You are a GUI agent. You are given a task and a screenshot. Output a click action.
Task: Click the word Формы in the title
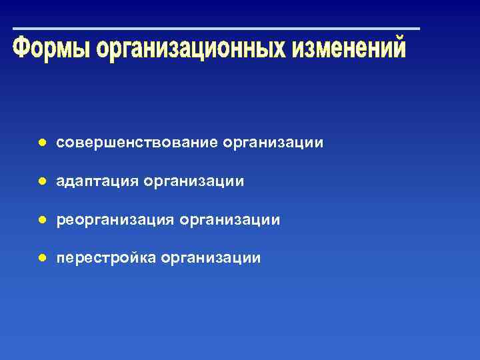coord(51,49)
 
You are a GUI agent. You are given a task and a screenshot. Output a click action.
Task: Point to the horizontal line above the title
coord(217,29)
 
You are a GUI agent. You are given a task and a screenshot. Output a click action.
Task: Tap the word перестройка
coord(106,257)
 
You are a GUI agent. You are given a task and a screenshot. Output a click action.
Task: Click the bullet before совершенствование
coord(41,143)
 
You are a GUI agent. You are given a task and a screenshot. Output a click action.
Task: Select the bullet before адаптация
coord(41,181)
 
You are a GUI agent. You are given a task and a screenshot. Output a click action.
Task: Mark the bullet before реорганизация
coord(41,219)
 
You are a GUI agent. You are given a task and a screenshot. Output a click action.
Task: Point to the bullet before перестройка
coord(41,257)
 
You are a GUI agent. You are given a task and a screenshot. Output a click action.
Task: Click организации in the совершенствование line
coord(274,143)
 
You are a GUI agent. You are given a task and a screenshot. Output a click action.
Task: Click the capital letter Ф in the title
coord(22,49)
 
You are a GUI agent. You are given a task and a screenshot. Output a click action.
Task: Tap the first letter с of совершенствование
coord(60,143)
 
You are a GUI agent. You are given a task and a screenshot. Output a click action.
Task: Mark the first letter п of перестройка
coord(61,258)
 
